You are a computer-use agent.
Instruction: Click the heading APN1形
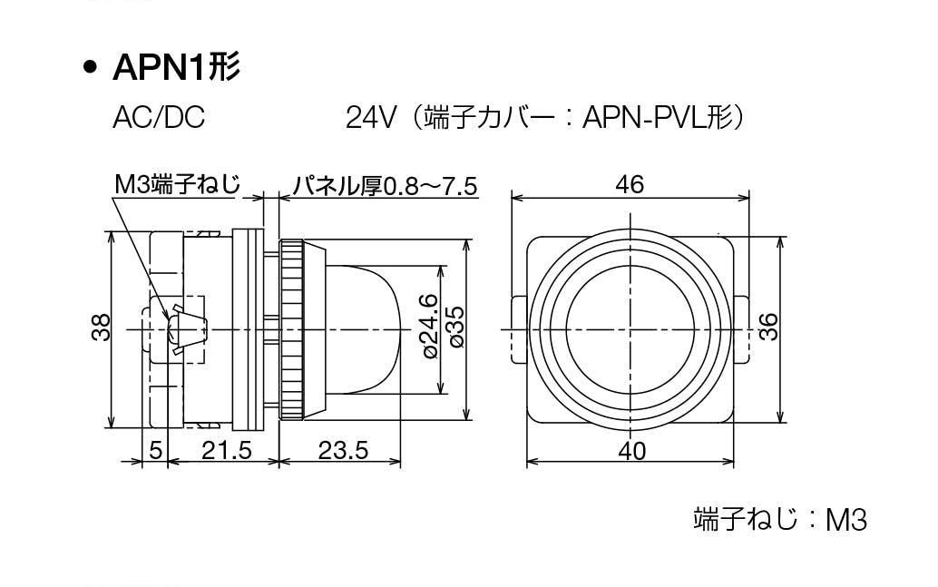(x=177, y=67)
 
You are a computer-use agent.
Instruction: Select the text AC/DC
(x=159, y=117)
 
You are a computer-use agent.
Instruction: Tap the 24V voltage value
(x=371, y=117)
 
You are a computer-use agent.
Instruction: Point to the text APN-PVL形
(x=658, y=117)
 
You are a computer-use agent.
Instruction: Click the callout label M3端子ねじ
(x=177, y=184)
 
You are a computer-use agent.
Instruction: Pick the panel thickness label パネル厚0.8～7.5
(x=385, y=186)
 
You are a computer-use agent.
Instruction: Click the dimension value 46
(x=630, y=184)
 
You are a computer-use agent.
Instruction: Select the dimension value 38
(x=102, y=328)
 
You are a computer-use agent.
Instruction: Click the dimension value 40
(x=631, y=450)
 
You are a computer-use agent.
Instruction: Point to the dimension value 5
(x=155, y=449)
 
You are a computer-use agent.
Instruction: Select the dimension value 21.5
(x=227, y=450)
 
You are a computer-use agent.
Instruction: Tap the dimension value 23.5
(x=343, y=450)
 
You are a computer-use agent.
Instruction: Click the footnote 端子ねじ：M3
(x=780, y=519)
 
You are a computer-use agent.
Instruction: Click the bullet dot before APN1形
(x=91, y=68)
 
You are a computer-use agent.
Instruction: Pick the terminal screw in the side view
(x=187, y=329)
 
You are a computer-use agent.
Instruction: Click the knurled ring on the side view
(x=292, y=329)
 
